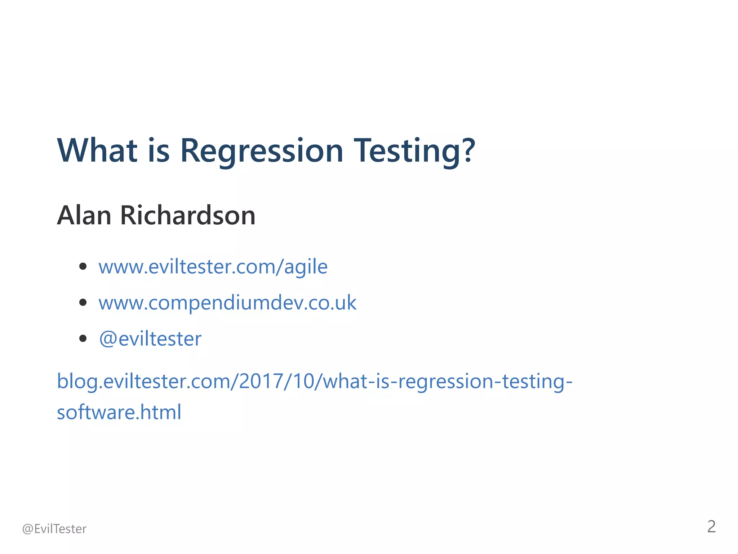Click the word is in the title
[159, 150]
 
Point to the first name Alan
[84, 215]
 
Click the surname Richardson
[188, 215]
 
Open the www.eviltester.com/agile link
[213, 267]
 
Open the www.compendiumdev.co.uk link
[227, 303]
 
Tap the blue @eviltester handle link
[150, 339]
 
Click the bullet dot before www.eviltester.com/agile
[83, 267]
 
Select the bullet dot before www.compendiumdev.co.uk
[83, 302]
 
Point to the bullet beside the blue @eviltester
[83, 338]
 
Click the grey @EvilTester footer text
[54, 529]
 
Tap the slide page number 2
[711, 527]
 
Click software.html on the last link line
[119, 412]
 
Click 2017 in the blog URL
[261, 381]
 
